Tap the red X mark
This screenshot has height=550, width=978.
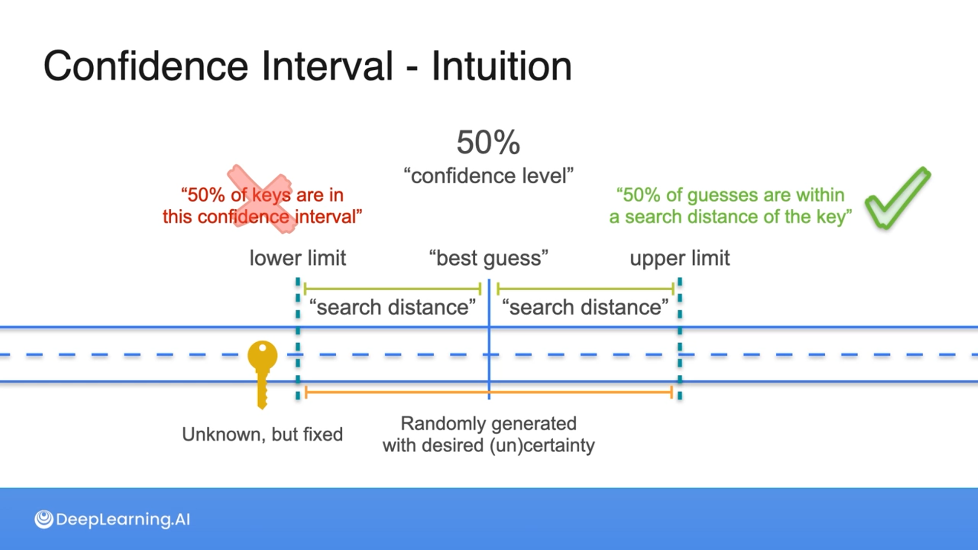[x=260, y=199]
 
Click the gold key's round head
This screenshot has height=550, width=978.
[x=262, y=355]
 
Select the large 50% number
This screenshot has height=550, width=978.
[x=488, y=142]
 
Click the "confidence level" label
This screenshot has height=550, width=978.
[x=488, y=176]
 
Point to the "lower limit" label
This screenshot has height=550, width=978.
[x=297, y=258]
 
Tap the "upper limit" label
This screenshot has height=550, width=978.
[x=680, y=258]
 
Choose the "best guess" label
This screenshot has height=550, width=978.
[x=488, y=258]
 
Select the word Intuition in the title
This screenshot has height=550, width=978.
[x=502, y=66]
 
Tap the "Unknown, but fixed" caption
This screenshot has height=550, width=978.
[x=262, y=434]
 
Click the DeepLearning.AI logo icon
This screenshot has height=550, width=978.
[x=44, y=519]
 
